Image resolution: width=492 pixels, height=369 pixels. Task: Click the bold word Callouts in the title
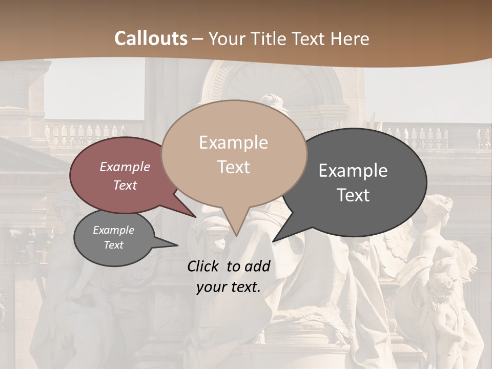[151, 38]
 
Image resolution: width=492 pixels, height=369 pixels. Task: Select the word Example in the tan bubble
[233, 142]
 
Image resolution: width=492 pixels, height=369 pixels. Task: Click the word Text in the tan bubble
[233, 167]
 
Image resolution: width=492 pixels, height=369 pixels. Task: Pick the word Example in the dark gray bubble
[353, 171]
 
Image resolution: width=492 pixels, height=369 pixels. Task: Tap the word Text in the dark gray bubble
[353, 195]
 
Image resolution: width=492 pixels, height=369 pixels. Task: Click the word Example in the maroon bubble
[125, 167]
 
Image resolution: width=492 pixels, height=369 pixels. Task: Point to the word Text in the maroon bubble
[125, 186]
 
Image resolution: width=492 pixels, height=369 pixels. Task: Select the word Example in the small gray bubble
[114, 231]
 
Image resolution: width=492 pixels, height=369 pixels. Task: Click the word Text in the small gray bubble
[114, 245]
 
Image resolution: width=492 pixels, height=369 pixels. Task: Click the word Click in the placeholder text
[204, 266]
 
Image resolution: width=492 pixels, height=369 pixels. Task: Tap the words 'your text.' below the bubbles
[229, 288]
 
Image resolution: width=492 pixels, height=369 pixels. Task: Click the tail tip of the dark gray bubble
[273, 241]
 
